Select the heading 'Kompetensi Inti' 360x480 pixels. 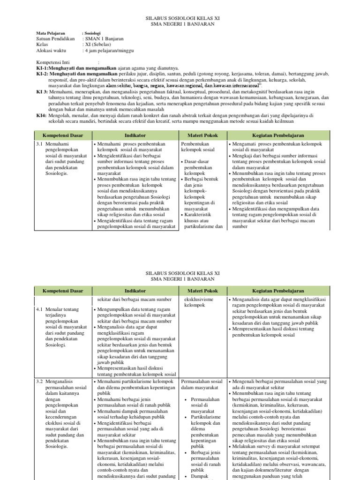point(53,62)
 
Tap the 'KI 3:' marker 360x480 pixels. point(42,92)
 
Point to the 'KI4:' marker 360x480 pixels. point(41,115)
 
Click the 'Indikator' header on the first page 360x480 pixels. point(135,135)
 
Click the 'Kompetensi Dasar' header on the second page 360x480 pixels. point(63,291)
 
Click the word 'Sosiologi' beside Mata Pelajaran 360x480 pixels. point(92,33)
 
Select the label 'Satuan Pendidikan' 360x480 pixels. point(55,39)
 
